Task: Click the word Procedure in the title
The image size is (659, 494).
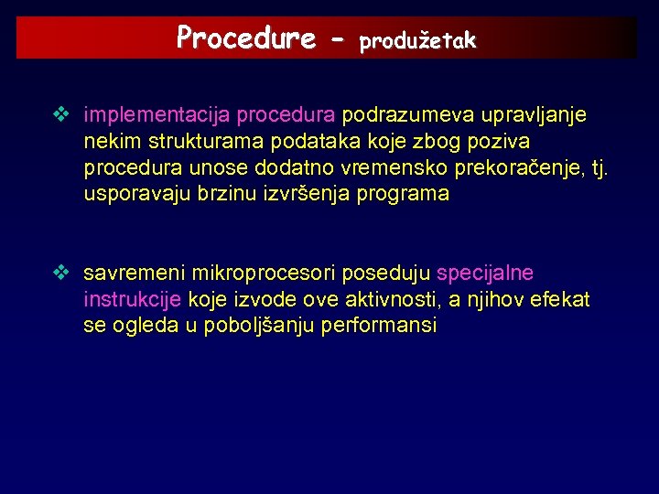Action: pos(245,38)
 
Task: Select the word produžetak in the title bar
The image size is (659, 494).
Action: pos(417,40)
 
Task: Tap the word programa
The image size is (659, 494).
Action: pos(403,194)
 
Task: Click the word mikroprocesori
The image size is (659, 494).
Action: pos(260,274)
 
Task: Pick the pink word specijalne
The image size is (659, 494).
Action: pos(485,274)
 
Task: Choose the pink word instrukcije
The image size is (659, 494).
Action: pos(133,299)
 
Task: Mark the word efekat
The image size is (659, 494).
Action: pos(560,299)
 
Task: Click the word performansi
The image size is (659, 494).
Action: pos(379,326)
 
